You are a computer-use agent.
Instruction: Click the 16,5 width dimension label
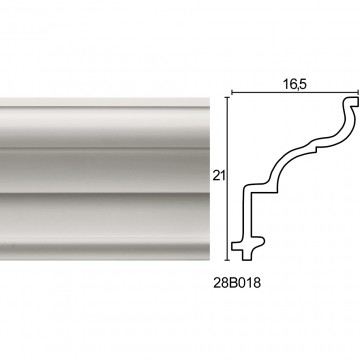295,84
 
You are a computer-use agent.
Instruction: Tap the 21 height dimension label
219,176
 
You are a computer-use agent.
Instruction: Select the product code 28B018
237,283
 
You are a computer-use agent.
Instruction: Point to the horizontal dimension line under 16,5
295,93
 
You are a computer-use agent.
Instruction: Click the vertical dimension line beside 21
228,179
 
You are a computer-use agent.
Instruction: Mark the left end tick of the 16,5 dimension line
231,93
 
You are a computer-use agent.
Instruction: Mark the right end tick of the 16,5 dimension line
358,93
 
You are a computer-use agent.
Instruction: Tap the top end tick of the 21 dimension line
228,97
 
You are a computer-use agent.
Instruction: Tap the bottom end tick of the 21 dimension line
228,260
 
